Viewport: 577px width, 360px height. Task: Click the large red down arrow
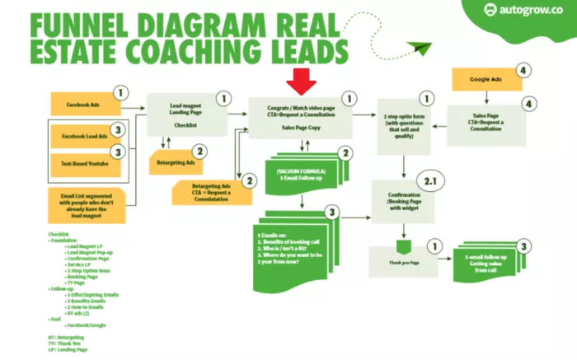pos(298,81)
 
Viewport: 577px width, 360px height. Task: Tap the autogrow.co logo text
pos(531,12)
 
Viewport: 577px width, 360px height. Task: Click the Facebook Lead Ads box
pos(84,135)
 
